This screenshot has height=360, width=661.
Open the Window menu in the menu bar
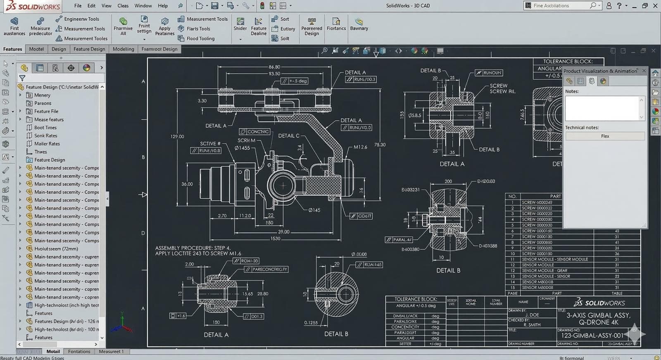pyautogui.click(x=143, y=6)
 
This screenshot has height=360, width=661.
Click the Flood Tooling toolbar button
pyautogui.click(x=200, y=38)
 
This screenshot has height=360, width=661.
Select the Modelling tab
pyautogui.click(x=123, y=49)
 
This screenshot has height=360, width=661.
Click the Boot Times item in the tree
pyautogui.click(x=45, y=128)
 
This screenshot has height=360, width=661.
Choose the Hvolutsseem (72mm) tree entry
pyautogui.click(x=56, y=249)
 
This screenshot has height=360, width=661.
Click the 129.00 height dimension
pyautogui.click(x=177, y=136)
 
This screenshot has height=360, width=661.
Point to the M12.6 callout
pyautogui.click(x=360, y=147)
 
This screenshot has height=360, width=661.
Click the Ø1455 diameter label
pyautogui.click(x=242, y=148)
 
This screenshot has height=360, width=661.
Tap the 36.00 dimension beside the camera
pyautogui.click(x=187, y=184)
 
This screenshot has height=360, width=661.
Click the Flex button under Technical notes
pyautogui.click(x=605, y=136)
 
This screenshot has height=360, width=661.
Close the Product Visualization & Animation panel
pyautogui.click(x=644, y=71)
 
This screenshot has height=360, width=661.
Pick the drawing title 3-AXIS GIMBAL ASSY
pyautogui.click(x=598, y=315)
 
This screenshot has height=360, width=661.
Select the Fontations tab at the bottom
pyautogui.click(x=79, y=352)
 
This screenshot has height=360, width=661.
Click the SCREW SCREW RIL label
pyautogui.click(x=502, y=88)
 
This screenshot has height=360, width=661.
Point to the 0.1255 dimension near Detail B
pyautogui.click(x=311, y=323)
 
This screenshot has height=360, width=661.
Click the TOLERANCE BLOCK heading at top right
pyautogui.click(x=568, y=61)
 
